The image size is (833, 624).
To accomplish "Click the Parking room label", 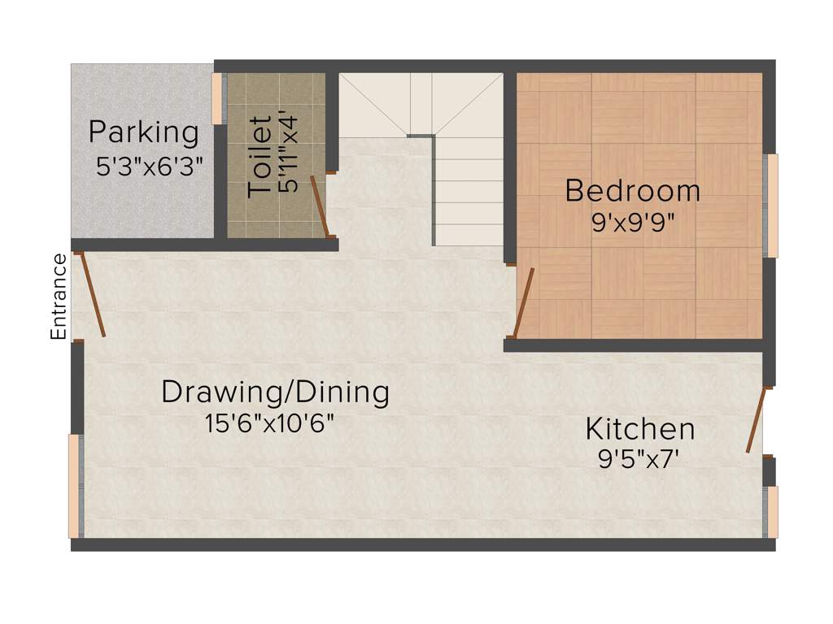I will [x=143, y=132].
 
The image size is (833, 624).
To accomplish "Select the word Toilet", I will [x=259, y=156].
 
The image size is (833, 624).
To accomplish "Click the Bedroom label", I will [x=632, y=191].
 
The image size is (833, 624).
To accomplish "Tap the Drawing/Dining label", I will [x=275, y=392].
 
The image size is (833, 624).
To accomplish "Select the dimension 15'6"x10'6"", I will [x=270, y=423].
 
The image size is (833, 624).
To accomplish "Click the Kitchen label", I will [x=640, y=428].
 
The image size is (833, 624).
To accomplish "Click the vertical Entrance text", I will [x=59, y=297].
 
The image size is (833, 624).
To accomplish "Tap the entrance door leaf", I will [x=92, y=294].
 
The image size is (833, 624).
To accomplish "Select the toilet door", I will [x=320, y=206].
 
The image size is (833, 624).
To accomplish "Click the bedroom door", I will [x=523, y=302].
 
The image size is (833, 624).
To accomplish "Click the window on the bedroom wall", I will [x=772, y=206].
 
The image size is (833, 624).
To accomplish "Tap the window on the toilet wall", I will [x=217, y=98].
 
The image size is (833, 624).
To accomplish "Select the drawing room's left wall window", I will [x=74, y=486].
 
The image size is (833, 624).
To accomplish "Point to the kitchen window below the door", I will [x=772, y=512].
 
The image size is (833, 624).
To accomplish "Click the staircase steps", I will [x=469, y=191].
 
